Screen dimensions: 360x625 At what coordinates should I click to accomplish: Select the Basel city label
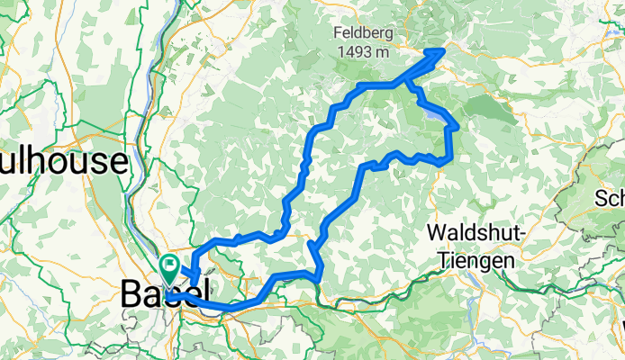tap(166, 292)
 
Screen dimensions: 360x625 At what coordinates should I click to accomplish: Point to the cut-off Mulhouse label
tap(62, 162)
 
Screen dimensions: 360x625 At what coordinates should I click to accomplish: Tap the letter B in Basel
tap(131, 292)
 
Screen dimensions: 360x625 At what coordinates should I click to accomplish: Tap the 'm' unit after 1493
tap(383, 52)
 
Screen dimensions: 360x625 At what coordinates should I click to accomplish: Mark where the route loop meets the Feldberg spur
tap(407, 83)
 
